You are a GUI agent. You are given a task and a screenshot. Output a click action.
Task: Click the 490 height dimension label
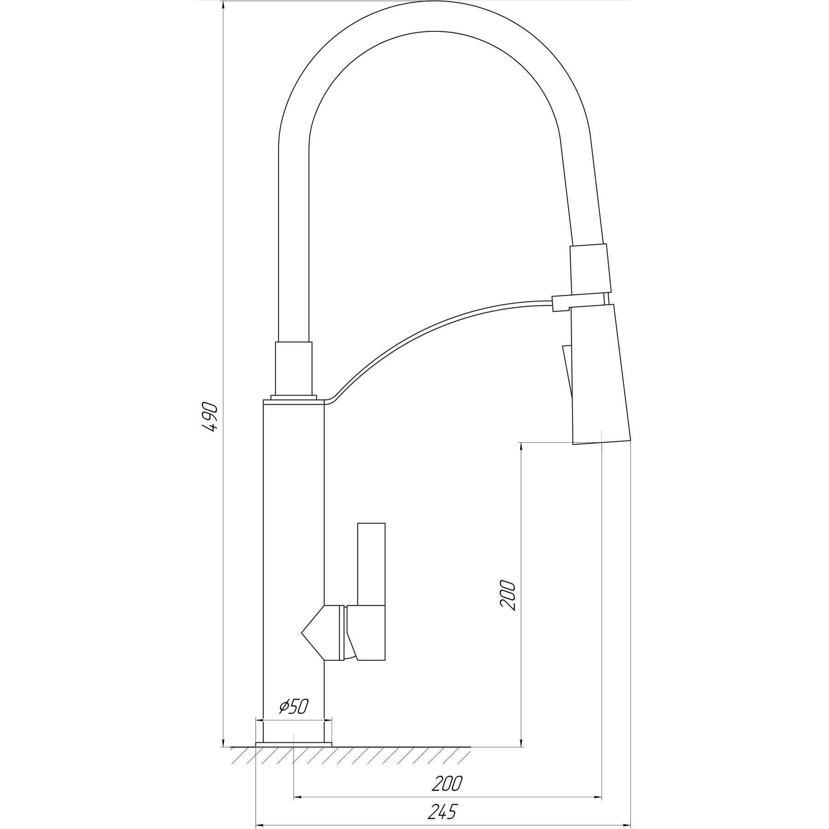211,417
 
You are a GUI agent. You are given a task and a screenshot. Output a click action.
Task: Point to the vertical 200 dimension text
507,595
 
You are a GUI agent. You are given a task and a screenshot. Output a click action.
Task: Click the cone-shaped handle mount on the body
321,633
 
